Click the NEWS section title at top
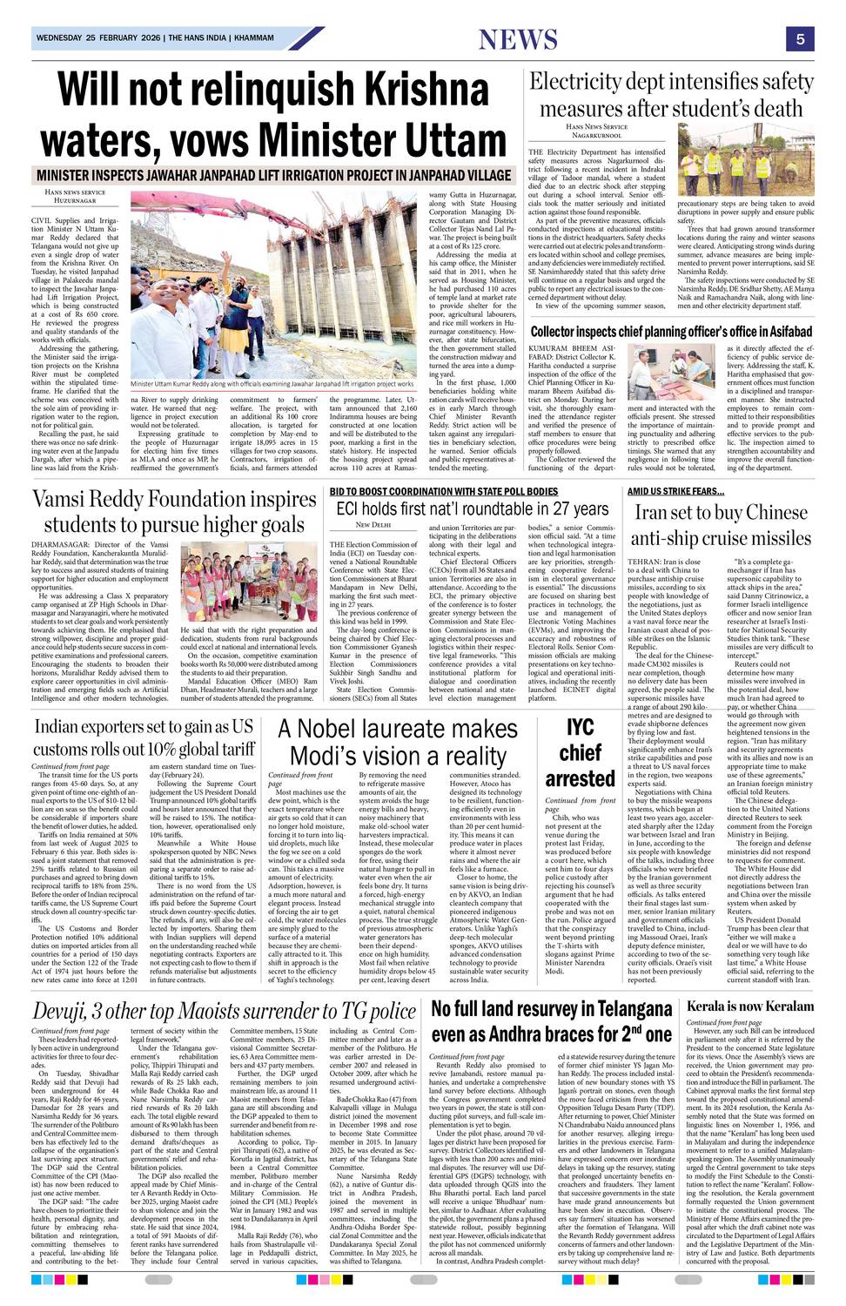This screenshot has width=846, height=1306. pos(518,39)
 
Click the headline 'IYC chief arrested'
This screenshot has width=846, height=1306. pos(580,753)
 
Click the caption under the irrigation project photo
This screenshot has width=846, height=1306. pos(272,384)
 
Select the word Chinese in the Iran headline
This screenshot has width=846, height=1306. pos(762,512)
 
